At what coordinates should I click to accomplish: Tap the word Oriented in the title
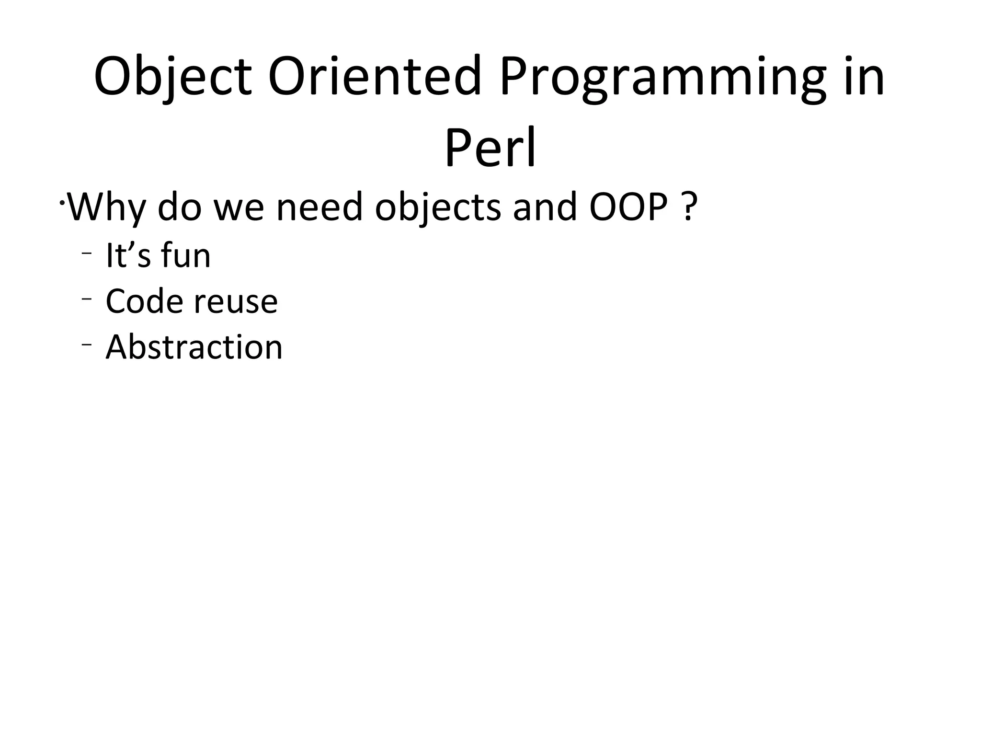click(x=374, y=77)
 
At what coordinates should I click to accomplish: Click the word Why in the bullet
click(x=106, y=207)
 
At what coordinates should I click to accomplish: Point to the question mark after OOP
click(x=688, y=207)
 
